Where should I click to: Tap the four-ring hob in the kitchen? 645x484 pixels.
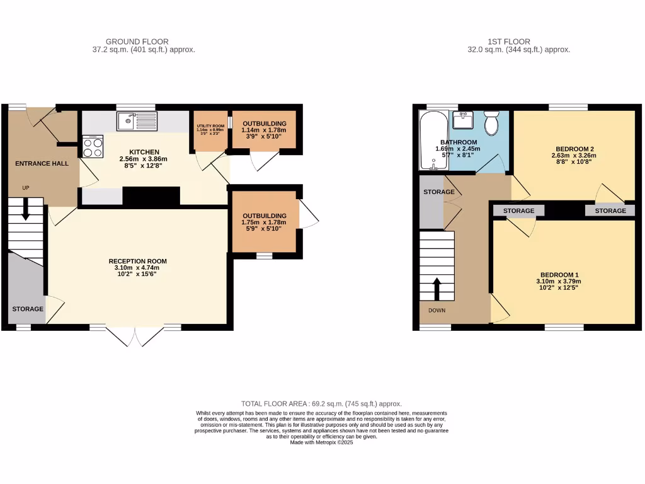click(x=93, y=147)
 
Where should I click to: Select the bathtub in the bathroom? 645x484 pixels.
click(x=433, y=141)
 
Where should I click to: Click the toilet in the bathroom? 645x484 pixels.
click(x=492, y=122)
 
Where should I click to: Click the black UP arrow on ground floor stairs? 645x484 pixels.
click(x=26, y=210)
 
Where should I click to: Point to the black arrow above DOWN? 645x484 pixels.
click(x=437, y=289)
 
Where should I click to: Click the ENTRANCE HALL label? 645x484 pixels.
click(x=42, y=164)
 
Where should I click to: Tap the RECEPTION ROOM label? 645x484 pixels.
click(x=137, y=261)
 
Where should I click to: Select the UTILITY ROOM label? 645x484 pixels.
click(x=210, y=126)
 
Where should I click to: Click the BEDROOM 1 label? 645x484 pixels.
click(x=559, y=275)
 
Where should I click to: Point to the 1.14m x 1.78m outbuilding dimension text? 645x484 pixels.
click(x=264, y=130)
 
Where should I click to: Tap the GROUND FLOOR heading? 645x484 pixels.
click(x=137, y=42)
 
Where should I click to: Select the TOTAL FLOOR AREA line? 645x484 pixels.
click(x=322, y=404)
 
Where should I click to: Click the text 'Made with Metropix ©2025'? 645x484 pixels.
click(x=322, y=442)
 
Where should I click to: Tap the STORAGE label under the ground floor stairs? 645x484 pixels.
click(x=28, y=309)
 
